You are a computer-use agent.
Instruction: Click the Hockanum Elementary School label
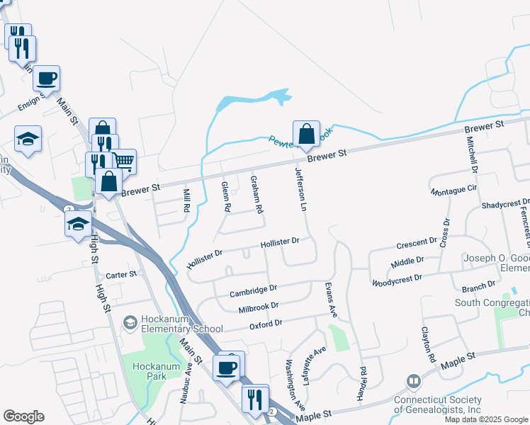[182, 323]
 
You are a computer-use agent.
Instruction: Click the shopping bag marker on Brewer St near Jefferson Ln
[305, 135]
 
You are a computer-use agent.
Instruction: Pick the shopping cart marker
[124, 161]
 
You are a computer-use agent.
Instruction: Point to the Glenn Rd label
[226, 197]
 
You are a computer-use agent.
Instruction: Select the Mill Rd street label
[186, 200]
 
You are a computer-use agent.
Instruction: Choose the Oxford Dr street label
[266, 324]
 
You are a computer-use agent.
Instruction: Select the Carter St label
[120, 275]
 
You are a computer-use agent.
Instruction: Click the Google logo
[23, 416]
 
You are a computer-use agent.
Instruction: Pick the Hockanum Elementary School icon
[130, 323]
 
